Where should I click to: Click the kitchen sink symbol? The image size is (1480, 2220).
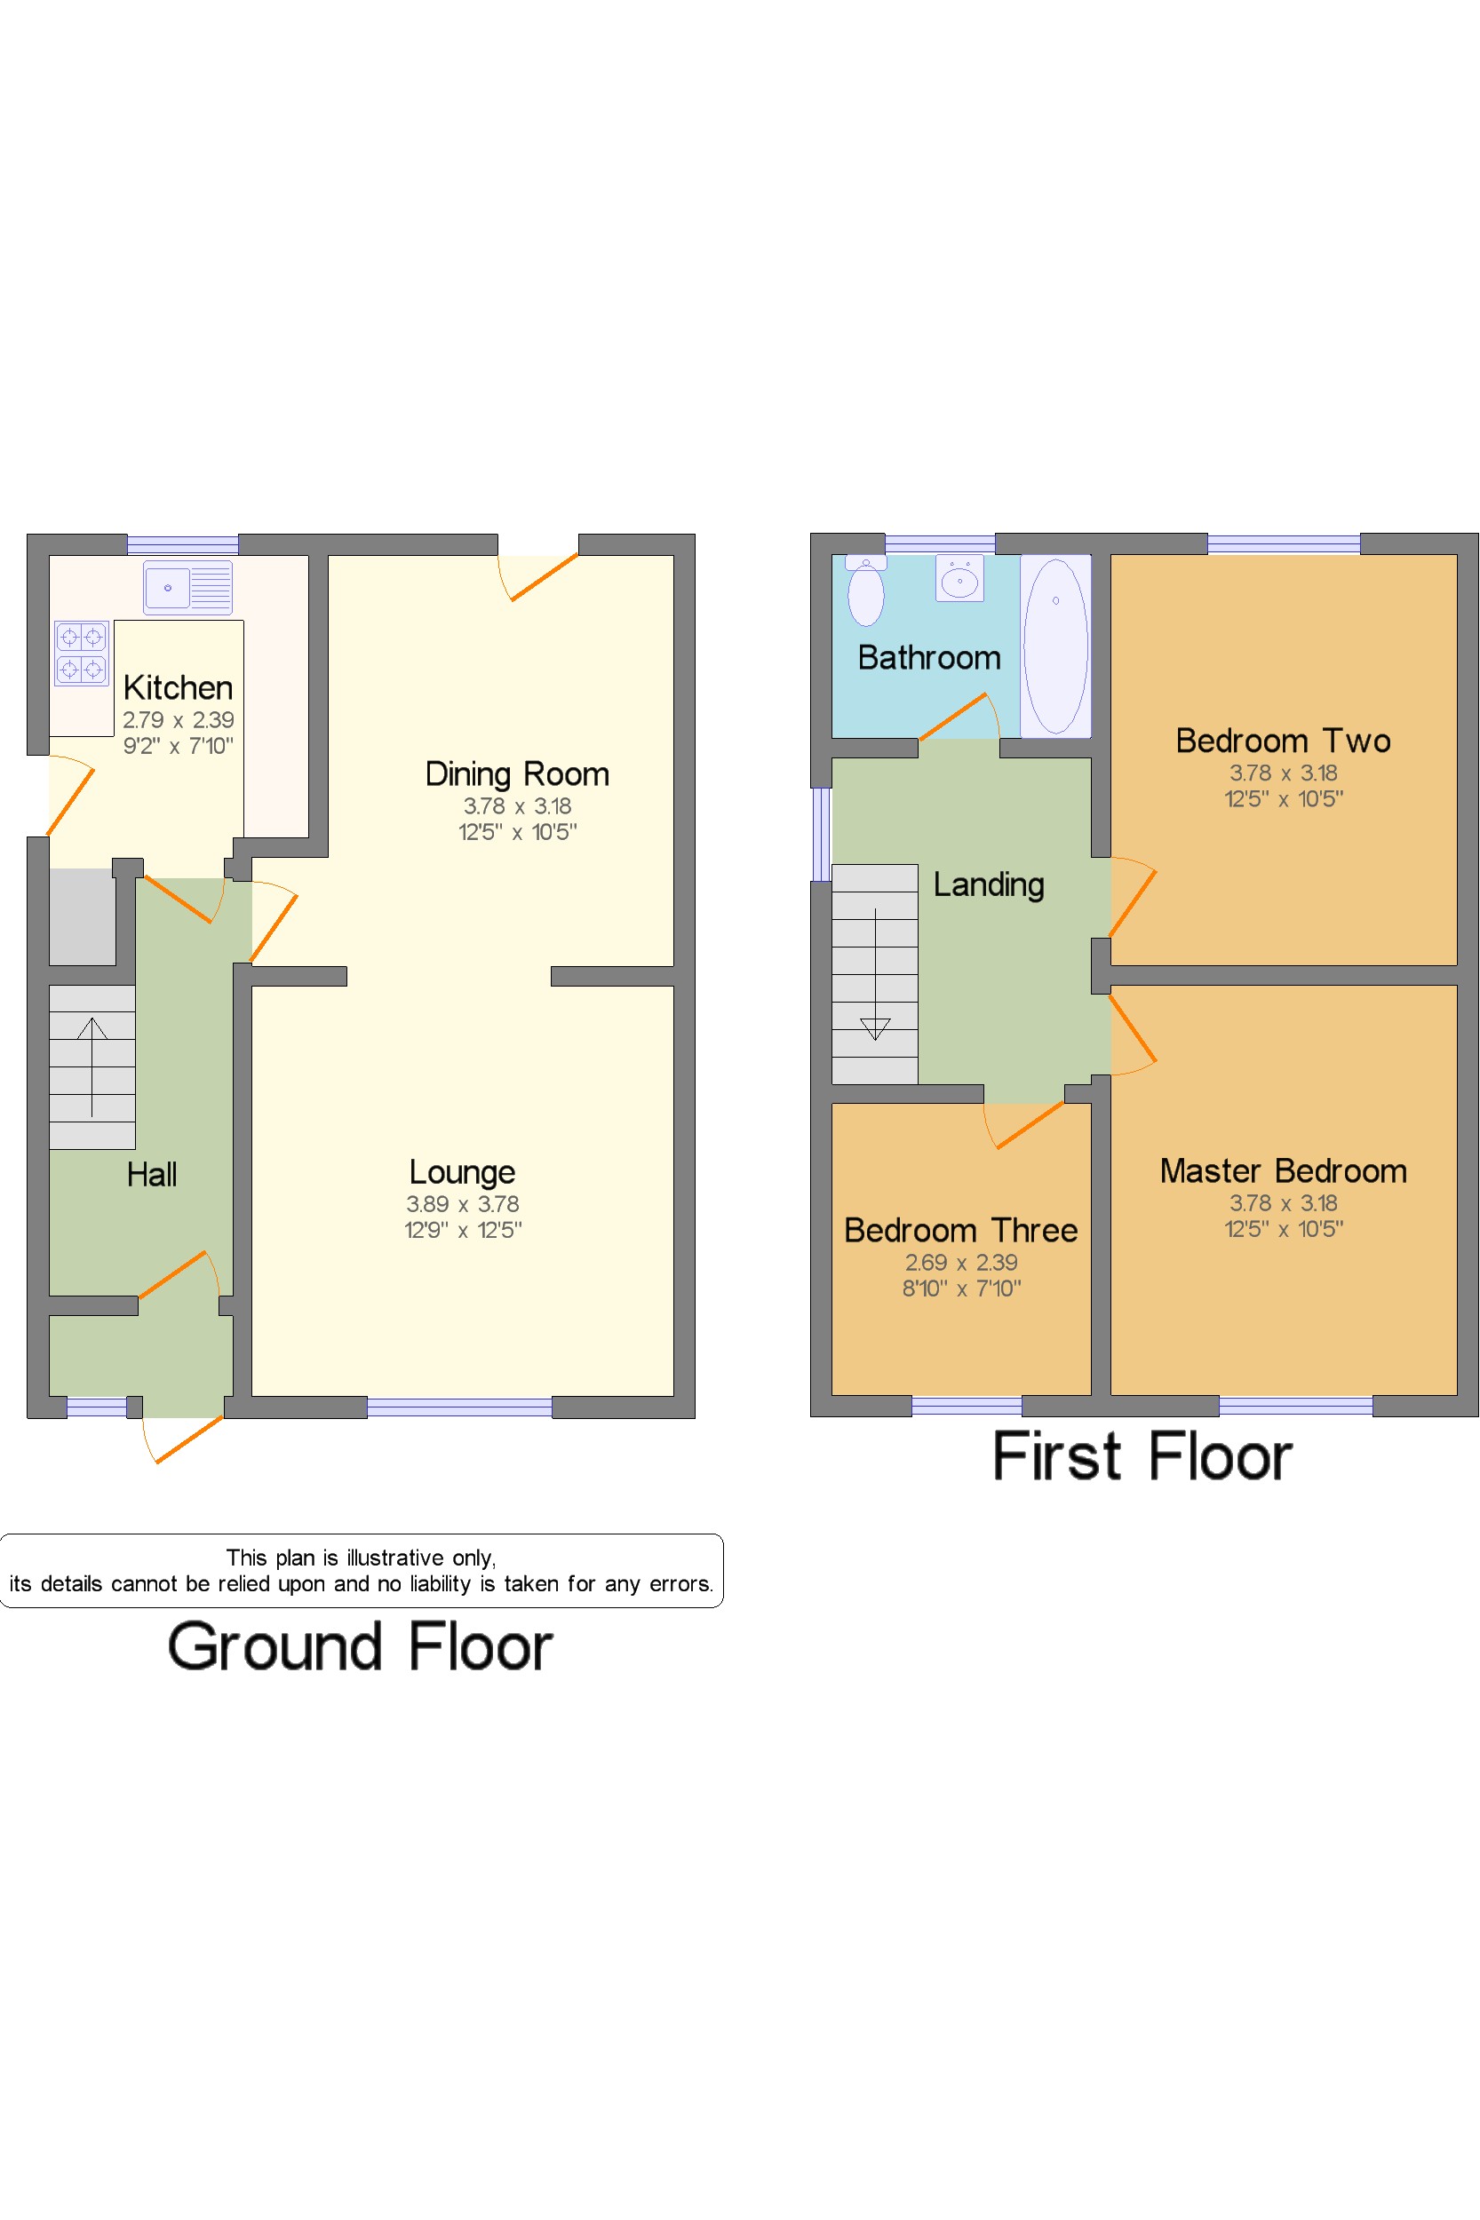(187, 587)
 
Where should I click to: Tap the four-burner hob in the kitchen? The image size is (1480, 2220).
(81, 653)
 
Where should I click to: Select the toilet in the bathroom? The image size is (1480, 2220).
(865, 591)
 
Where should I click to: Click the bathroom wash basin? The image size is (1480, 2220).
(960, 578)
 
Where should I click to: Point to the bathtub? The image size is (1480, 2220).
(1055, 646)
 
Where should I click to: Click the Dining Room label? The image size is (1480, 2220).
(517, 773)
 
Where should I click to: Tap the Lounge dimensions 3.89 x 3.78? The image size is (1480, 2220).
(463, 1204)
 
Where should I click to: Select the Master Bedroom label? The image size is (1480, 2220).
(1284, 1171)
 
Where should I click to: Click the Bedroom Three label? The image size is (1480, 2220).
(961, 1230)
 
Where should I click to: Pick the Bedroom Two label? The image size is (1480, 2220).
(1284, 741)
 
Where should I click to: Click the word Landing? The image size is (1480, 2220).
(990, 885)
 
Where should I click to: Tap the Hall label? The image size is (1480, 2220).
(152, 1175)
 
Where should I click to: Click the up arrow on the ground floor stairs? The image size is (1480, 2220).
(92, 1067)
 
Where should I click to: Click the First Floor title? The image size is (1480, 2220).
(1142, 1456)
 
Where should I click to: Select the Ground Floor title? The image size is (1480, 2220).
(361, 1647)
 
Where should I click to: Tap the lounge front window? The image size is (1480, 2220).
(459, 1407)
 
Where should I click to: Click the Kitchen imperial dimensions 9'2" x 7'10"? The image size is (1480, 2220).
(179, 746)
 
